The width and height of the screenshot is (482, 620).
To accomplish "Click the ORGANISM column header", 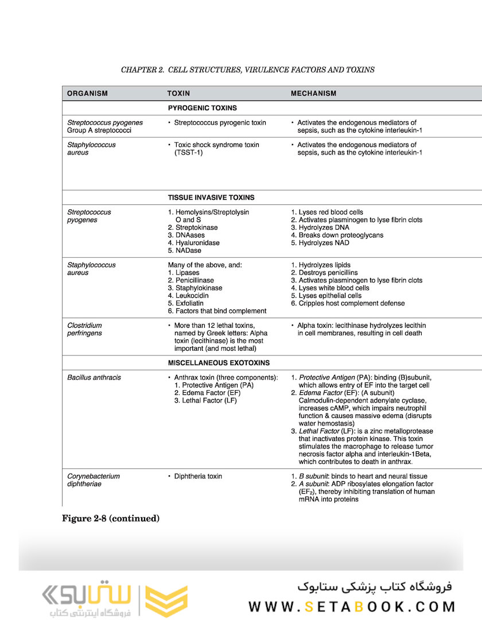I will coord(87,93).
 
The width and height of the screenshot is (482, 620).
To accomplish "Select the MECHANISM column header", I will coord(313,93).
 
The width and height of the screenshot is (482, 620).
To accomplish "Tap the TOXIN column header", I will coord(178,93).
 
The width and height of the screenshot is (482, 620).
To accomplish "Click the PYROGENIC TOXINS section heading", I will coord(202,108).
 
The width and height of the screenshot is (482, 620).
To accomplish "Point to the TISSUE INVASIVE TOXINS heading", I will coord(211,197).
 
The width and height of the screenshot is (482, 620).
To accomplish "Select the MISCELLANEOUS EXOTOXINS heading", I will coord(219,363).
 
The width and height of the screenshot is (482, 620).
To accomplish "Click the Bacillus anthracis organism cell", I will coord(94,378).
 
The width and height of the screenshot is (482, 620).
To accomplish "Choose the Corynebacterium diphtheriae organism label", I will coord(94,480).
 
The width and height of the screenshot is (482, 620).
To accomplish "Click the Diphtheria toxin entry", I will coord(198,476).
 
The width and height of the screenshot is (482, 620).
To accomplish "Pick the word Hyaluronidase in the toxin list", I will coord(197,243).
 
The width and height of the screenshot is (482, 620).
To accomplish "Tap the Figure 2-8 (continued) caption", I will coord(111,518).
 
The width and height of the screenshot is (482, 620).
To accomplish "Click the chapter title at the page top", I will coord(247,70).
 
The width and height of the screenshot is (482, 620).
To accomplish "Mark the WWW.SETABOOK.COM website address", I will coord(352,607).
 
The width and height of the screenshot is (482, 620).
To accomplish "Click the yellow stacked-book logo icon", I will coord(166,601).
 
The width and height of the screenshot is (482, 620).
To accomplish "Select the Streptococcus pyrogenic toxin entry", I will coord(220,122).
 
